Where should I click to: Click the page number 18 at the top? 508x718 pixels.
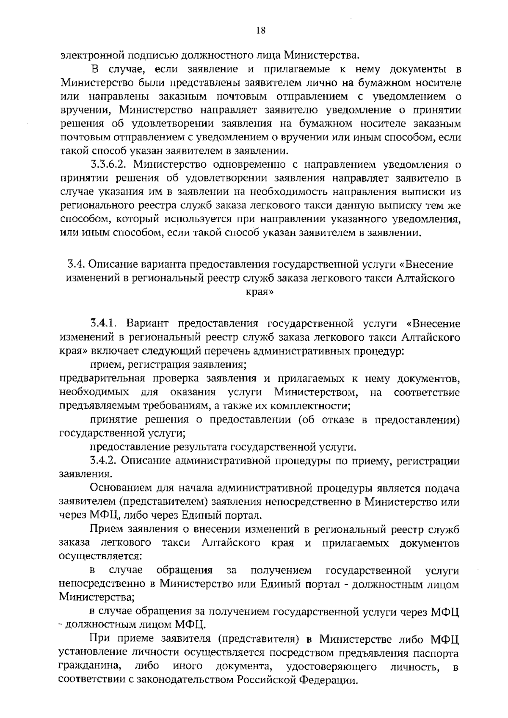pos(260,30)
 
